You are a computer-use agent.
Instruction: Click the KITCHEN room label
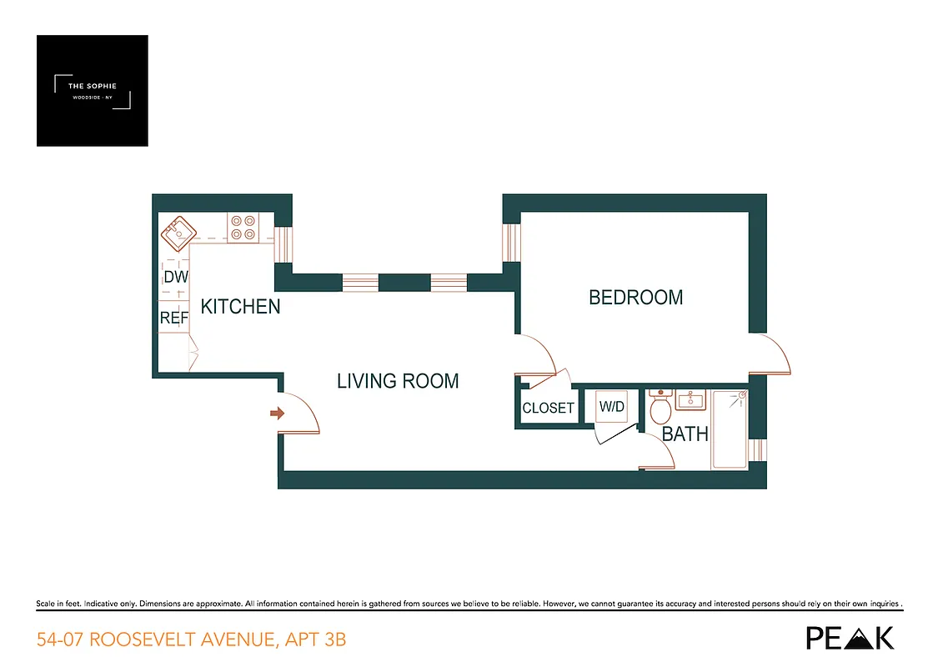click(240, 307)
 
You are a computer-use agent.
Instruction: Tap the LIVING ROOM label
click(398, 381)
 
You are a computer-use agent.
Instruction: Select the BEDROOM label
click(635, 298)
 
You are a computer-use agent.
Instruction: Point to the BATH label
click(685, 434)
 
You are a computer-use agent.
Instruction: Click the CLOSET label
click(548, 409)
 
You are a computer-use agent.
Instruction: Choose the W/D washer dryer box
click(612, 408)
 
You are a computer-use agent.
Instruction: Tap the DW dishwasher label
click(175, 278)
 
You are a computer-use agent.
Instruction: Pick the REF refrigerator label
click(174, 318)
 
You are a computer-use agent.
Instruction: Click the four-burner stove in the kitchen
click(243, 228)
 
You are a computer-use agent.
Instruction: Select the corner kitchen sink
click(178, 233)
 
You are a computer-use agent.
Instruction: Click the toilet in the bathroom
click(660, 409)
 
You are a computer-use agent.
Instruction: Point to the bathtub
click(729, 430)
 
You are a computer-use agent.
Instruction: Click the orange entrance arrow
click(277, 413)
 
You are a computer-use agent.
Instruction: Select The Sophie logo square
click(93, 91)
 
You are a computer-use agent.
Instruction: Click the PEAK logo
click(850, 638)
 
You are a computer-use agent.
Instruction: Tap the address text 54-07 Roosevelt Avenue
click(191, 640)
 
